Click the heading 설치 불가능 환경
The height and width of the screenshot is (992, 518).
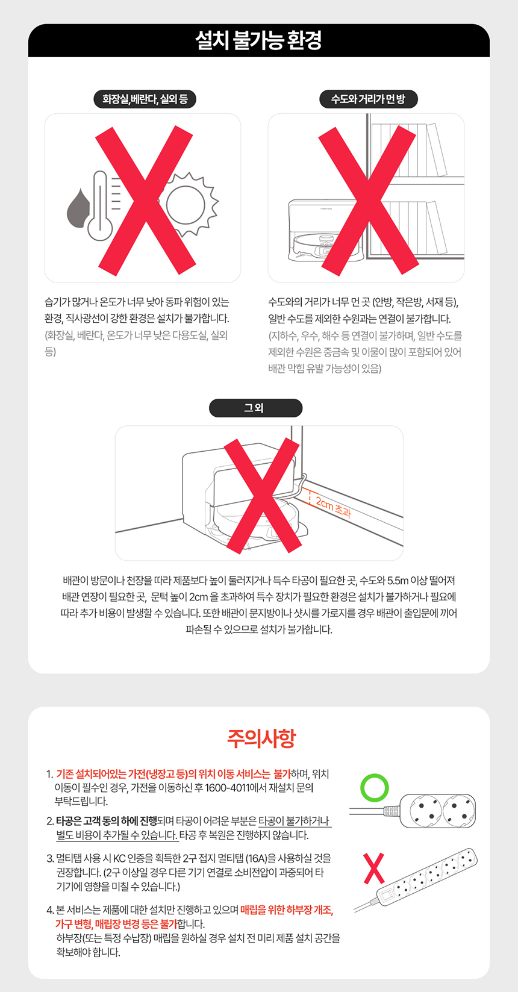[258, 40]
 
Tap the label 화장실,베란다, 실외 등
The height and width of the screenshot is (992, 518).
[145, 99]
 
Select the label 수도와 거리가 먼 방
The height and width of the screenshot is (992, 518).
[369, 99]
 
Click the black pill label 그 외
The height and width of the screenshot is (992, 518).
[255, 408]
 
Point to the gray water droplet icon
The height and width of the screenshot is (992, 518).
[78, 208]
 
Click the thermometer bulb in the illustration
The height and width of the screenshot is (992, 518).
[100, 228]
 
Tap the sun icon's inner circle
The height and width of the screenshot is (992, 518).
[186, 205]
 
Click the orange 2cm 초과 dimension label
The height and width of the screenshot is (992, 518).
[333, 508]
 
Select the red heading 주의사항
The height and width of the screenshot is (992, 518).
[261, 738]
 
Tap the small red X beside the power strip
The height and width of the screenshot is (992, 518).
[374, 869]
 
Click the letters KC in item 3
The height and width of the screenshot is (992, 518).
[119, 858]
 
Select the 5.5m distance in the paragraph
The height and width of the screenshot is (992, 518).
[398, 581]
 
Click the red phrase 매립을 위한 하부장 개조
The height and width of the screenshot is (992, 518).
[287, 910]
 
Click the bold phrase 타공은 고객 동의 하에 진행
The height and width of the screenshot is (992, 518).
[107, 821]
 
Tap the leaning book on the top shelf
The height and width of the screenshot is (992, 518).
[437, 150]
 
